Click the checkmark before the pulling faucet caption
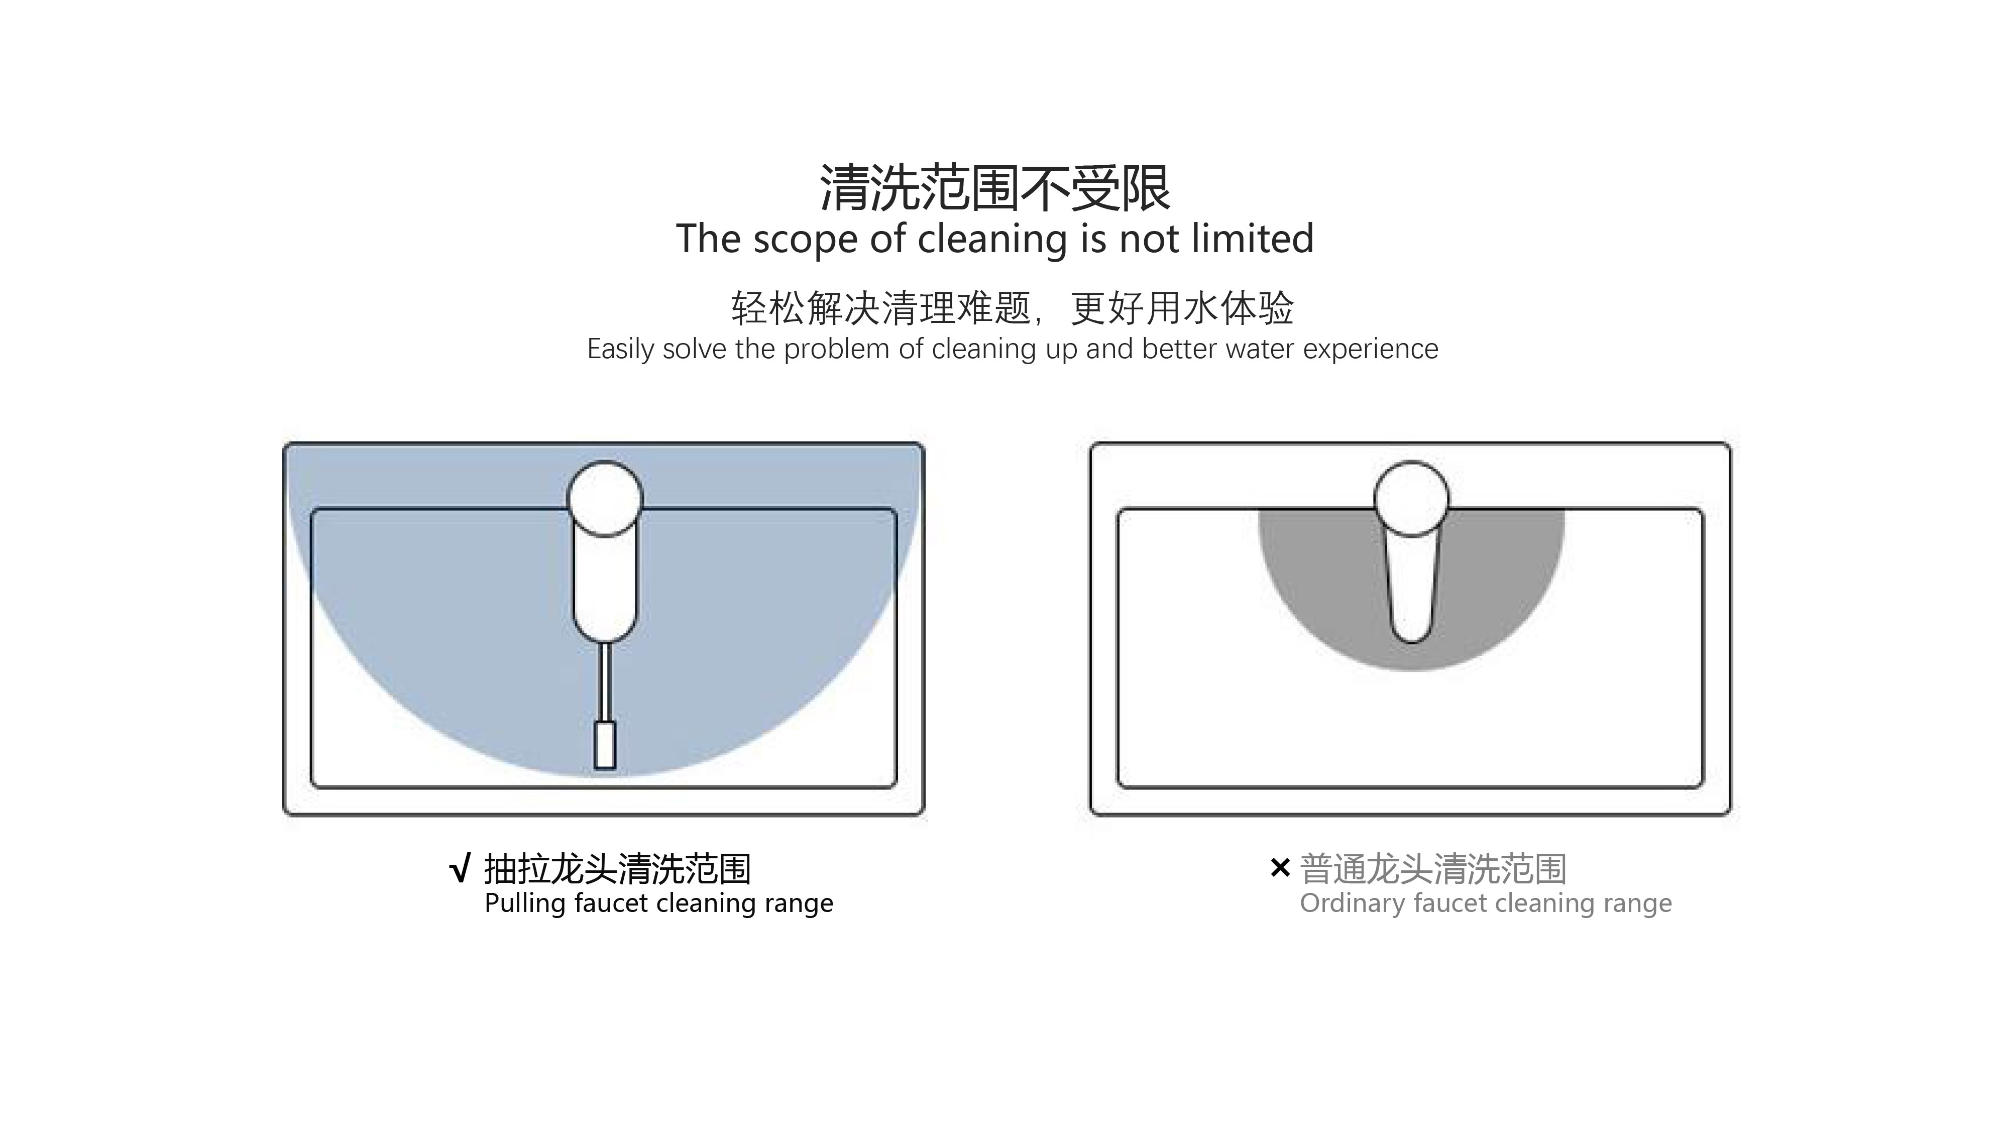460,869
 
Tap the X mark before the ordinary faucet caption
1280,867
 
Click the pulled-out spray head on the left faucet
604,745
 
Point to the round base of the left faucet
604,498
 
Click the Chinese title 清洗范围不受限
995,188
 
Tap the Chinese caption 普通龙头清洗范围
1433,869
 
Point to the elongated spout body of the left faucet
604,585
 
